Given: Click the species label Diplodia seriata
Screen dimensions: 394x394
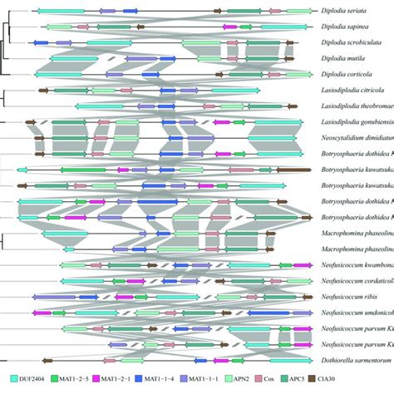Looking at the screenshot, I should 353,11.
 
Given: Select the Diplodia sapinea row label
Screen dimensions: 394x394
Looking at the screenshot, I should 353,27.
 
